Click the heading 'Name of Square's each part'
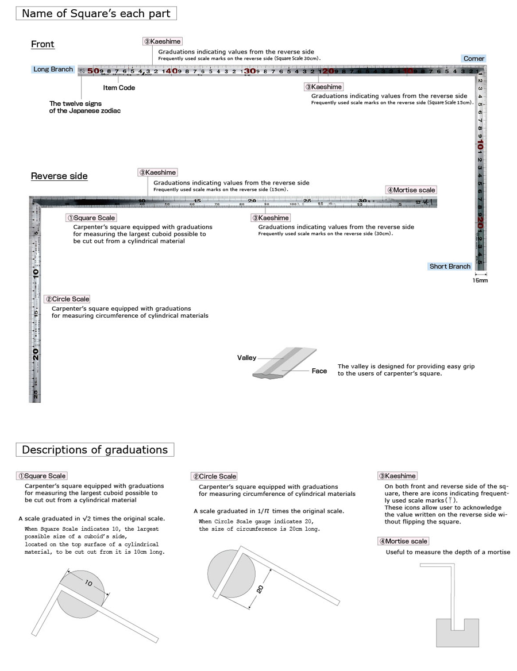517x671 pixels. [x=96, y=13]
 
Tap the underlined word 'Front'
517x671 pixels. [x=43, y=44]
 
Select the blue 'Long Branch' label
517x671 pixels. [x=53, y=70]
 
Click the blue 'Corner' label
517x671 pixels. [x=474, y=59]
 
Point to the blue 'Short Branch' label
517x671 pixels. [x=450, y=267]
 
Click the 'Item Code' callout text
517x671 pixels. [x=119, y=88]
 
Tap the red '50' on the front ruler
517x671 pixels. [x=93, y=71]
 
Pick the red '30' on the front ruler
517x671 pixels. [x=249, y=71]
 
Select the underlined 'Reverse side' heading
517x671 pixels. [x=59, y=176]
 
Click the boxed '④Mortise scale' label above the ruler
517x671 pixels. [x=411, y=190]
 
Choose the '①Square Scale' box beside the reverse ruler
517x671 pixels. [x=91, y=218]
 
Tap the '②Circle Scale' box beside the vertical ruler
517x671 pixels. [x=68, y=299]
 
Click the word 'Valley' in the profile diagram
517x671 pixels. [x=247, y=358]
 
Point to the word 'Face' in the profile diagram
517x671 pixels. [x=319, y=371]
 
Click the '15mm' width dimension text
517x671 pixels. [x=480, y=281]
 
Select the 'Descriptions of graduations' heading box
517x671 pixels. [x=95, y=450]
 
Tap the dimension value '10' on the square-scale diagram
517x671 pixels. [x=88, y=583]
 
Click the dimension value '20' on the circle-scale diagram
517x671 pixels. [x=260, y=589]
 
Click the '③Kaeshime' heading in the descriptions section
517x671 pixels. [x=398, y=476]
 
